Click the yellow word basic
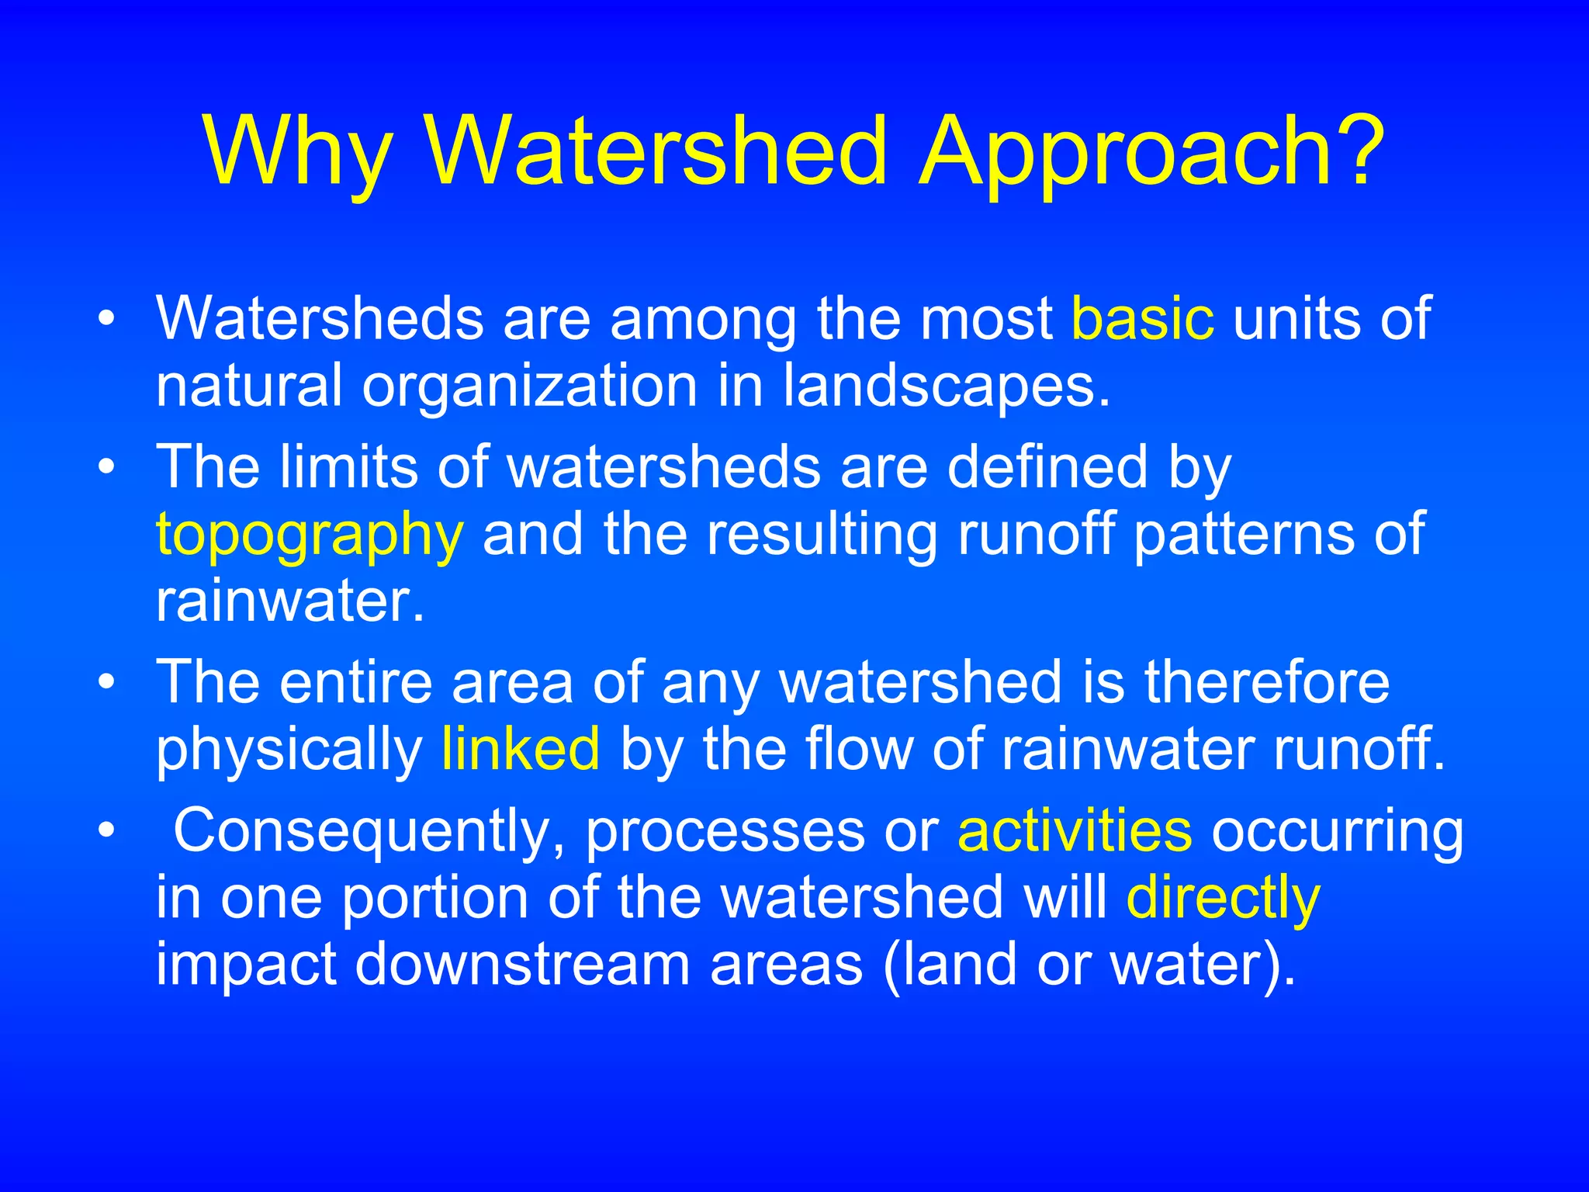coord(1142,318)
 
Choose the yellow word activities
coord(1075,830)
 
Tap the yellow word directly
coord(1223,899)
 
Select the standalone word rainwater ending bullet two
coord(289,601)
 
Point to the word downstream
coord(522,965)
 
